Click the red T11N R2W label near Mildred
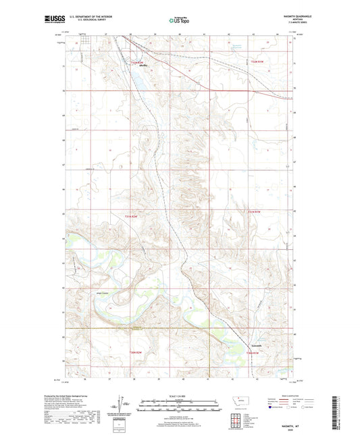137,62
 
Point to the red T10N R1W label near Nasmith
253,352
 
